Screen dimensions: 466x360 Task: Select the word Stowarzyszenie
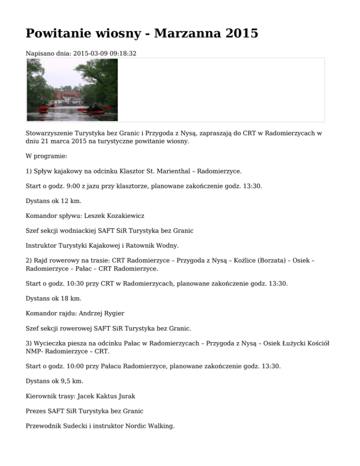[49, 133]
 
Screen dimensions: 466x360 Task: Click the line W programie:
[46, 155]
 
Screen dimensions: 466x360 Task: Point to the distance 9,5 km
[66, 381]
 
